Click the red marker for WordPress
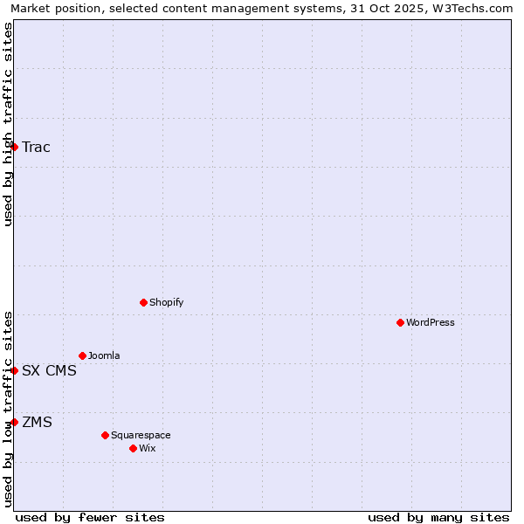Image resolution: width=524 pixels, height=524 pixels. pyautogui.click(x=401, y=322)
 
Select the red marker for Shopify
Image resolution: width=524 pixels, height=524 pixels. pyautogui.click(x=144, y=302)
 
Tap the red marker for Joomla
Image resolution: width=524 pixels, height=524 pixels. pyautogui.click(x=83, y=355)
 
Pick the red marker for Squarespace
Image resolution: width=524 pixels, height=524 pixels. pyautogui.click(x=106, y=435)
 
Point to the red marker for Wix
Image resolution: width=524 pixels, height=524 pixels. pyautogui.click(x=134, y=448)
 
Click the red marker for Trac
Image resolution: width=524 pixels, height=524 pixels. pyautogui.click(x=15, y=147)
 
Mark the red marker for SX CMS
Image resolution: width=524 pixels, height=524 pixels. pyautogui.click(x=15, y=370)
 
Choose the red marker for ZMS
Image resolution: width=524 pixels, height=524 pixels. pyautogui.click(x=15, y=422)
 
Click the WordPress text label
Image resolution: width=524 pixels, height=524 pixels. pyautogui.click(x=431, y=322)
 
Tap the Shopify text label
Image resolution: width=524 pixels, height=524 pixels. pyautogui.click(x=167, y=302)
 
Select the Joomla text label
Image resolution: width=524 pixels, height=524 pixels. pyautogui.click(x=104, y=355)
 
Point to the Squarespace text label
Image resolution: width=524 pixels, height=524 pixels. pyautogui.click(x=141, y=435)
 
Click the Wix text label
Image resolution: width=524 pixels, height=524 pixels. pyautogui.click(x=148, y=448)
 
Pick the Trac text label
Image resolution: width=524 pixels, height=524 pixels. pyautogui.click(x=37, y=147)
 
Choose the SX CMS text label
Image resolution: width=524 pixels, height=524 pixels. pyautogui.click(x=50, y=370)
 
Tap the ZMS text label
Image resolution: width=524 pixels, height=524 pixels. pyautogui.click(x=38, y=422)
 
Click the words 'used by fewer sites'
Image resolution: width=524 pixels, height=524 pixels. pyautogui.click(x=90, y=517)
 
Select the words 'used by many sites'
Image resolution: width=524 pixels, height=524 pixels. pyautogui.click(x=438, y=517)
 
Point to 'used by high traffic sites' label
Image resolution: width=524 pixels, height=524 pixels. pyautogui.click(x=8, y=124)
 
